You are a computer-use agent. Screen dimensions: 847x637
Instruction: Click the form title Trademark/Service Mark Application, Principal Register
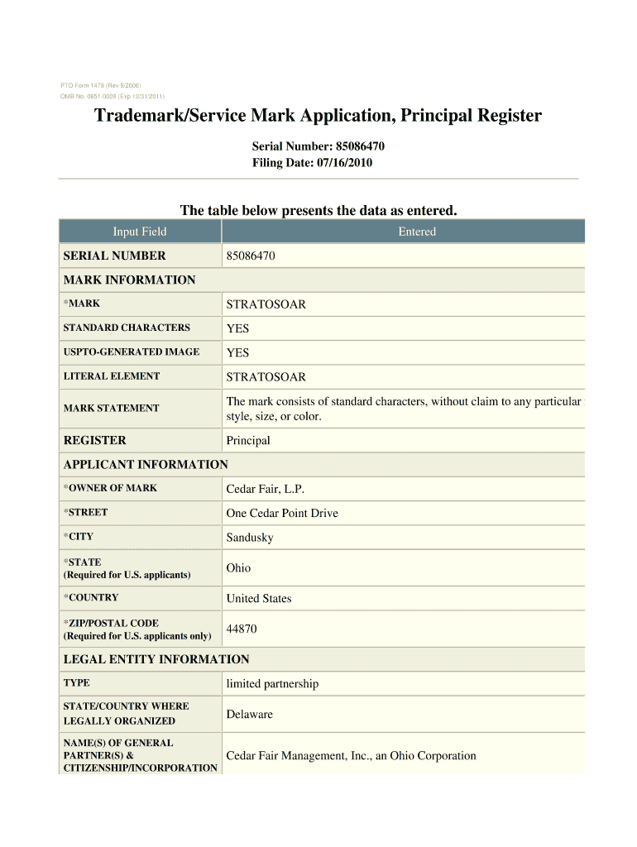point(318,116)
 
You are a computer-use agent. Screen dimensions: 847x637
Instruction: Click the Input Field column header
point(140,232)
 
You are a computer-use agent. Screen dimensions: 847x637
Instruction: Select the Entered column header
point(416,232)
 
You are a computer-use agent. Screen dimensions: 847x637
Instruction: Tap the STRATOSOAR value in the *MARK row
point(266,304)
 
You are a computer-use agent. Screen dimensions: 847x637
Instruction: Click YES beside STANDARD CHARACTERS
point(237,328)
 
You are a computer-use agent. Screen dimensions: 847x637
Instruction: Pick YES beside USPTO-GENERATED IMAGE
point(237,352)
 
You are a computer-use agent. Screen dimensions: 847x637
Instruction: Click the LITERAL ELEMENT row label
point(112,376)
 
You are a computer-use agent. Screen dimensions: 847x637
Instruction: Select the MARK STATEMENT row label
point(111,408)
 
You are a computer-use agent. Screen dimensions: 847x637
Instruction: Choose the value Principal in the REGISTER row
point(248,441)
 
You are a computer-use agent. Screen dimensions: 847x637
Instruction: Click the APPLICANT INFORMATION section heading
point(146,465)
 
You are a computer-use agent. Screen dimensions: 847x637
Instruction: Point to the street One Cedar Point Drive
point(282,513)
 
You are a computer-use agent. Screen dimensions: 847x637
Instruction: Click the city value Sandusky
point(250,538)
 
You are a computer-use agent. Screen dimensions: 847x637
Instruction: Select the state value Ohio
point(238,568)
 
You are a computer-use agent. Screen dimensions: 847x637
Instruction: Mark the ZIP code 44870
point(242,629)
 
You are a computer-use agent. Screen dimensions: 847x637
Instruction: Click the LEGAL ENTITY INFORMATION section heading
point(156,659)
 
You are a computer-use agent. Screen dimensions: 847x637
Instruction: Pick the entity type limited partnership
point(272,684)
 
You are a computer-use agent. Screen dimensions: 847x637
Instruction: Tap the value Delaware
point(249,714)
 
